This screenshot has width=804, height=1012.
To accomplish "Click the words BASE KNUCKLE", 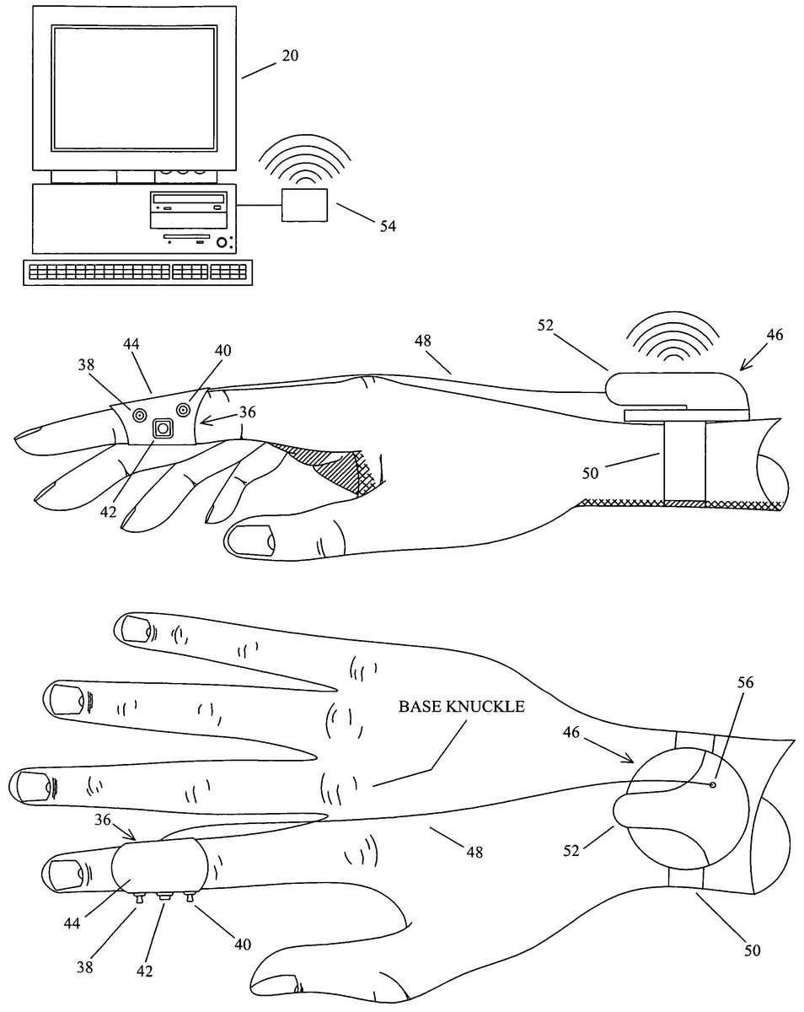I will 461,707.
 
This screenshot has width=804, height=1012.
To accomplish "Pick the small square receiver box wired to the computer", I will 303,205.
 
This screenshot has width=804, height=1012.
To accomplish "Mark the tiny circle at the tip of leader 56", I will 714,784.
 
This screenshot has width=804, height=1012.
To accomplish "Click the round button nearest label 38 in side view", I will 138,414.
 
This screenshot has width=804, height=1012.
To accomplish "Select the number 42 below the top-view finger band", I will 145,970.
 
